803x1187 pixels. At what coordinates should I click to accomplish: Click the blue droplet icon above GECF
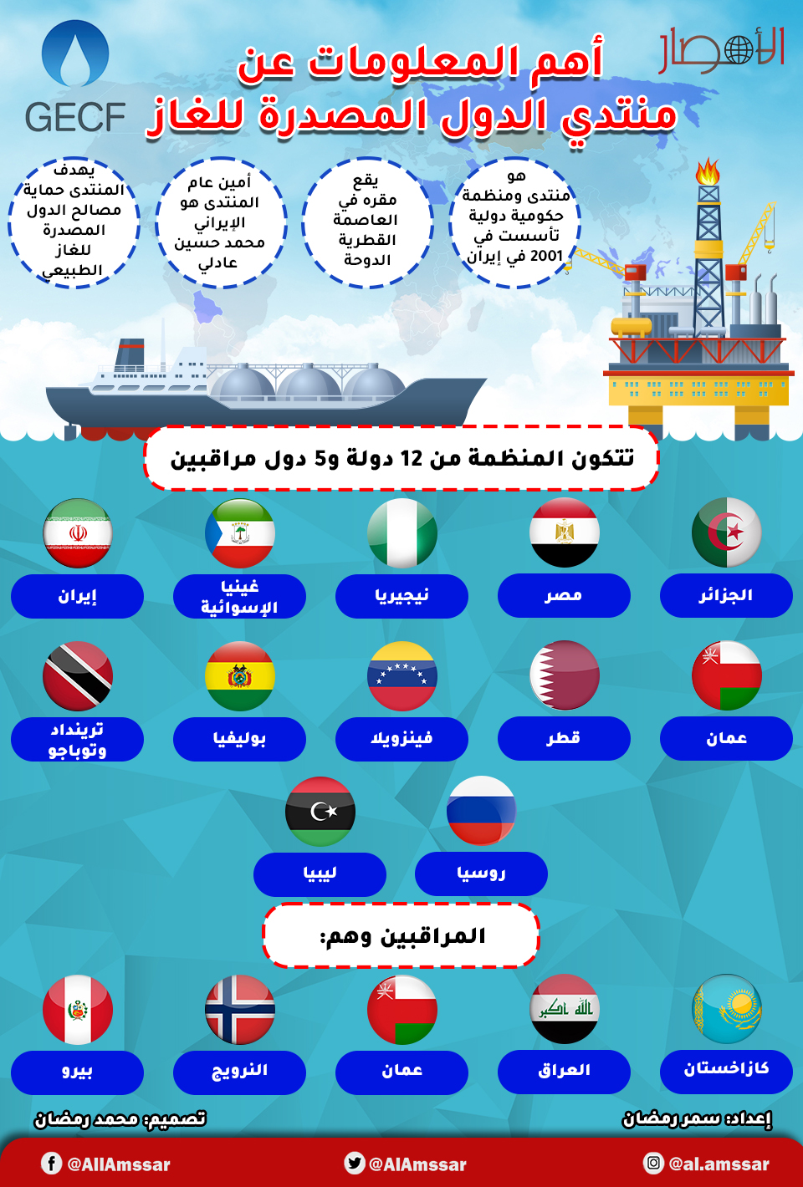pyautogui.click(x=75, y=53)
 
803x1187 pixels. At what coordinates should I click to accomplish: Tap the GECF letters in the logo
pyautogui.click(x=74, y=117)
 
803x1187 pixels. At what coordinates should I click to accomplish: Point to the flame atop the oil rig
pyautogui.click(x=708, y=171)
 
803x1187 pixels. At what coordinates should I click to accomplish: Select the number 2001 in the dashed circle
pyautogui.click(x=546, y=256)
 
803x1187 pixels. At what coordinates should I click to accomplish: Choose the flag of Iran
pyautogui.click(x=78, y=533)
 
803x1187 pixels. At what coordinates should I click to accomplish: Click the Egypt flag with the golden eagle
pyautogui.click(x=565, y=532)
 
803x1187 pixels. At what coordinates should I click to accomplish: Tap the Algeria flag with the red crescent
pyautogui.click(x=727, y=532)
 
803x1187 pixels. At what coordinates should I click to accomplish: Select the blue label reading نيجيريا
pyautogui.click(x=401, y=596)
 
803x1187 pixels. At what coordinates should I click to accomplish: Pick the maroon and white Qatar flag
pyautogui.click(x=565, y=675)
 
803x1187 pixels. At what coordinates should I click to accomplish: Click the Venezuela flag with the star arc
pyautogui.click(x=402, y=675)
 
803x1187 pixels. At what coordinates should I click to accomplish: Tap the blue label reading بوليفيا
pyautogui.click(x=239, y=739)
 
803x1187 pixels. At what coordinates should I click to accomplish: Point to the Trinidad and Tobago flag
pyautogui.click(x=78, y=675)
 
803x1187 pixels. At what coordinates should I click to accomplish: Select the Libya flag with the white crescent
pyautogui.click(x=320, y=812)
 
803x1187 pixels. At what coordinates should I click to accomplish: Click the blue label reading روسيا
pyautogui.click(x=481, y=874)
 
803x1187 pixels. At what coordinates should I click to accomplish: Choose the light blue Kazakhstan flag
pyautogui.click(x=727, y=1009)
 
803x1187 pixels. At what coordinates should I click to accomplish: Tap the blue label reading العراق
pyautogui.click(x=564, y=1072)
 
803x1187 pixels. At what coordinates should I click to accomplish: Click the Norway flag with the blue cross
pyautogui.click(x=240, y=1010)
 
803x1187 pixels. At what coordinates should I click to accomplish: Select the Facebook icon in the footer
pyautogui.click(x=51, y=1163)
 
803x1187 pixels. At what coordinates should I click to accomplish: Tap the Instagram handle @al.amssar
pyautogui.click(x=719, y=1164)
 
